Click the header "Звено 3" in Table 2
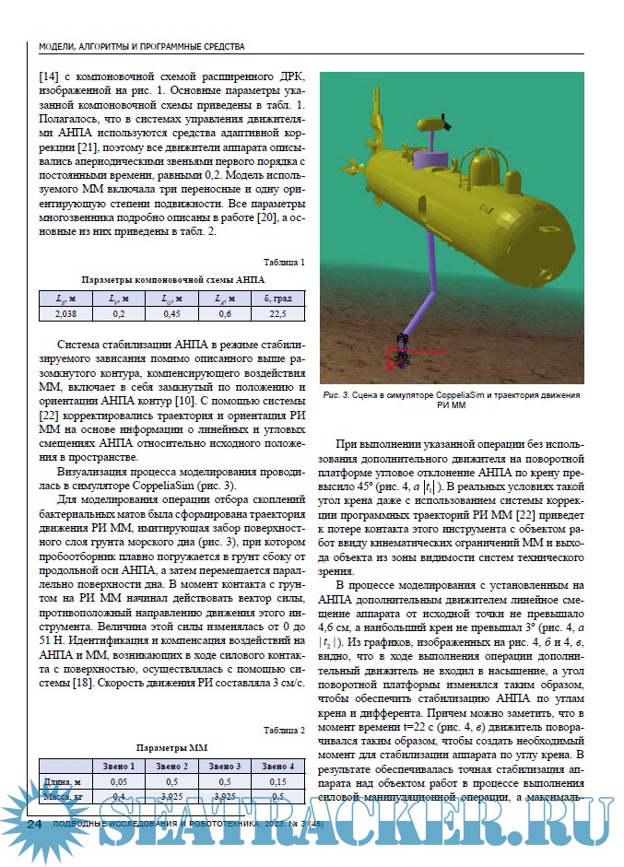pyautogui.click(x=224, y=767)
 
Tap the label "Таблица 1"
pyautogui.click(x=283, y=262)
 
